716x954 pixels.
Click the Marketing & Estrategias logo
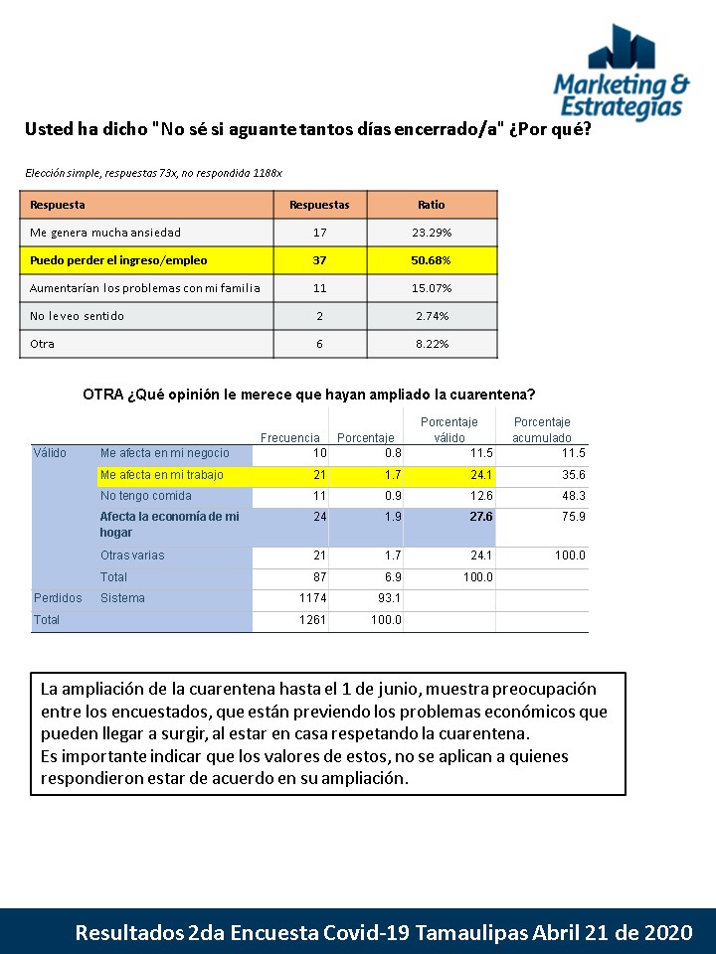pyautogui.click(x=621, y=73)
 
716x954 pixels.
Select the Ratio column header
pyautogui.click(x=432, y=205)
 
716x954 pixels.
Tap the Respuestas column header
pyautogui.click(x=319, y=205)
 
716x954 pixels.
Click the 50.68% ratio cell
pyautogui.click(x=432, y=260)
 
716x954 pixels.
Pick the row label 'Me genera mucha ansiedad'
pyautogui.click(x=105, y=233)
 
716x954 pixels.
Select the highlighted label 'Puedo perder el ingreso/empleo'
pyautogui.click(x=119, y=260)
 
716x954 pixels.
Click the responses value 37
pyautogui.click(x=319, y=260)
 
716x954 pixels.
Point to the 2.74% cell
pyautogui.click(x=432, y=316)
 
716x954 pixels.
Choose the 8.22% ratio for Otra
pyautogui.click(x=432, y=344)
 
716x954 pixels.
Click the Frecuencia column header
pyautogui.click(x=290, y=437)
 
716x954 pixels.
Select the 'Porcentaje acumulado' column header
pyautogui.click(x=542, y=429)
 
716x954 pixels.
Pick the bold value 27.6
pyautogui.click(x=481, y=517)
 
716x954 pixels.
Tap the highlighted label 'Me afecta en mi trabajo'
pyautogui.click(x=162, y=475)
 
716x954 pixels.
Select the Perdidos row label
pyautogui.click(x=59, y=598)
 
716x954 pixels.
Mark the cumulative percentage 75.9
pyautogui.click(x=573, y=517)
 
